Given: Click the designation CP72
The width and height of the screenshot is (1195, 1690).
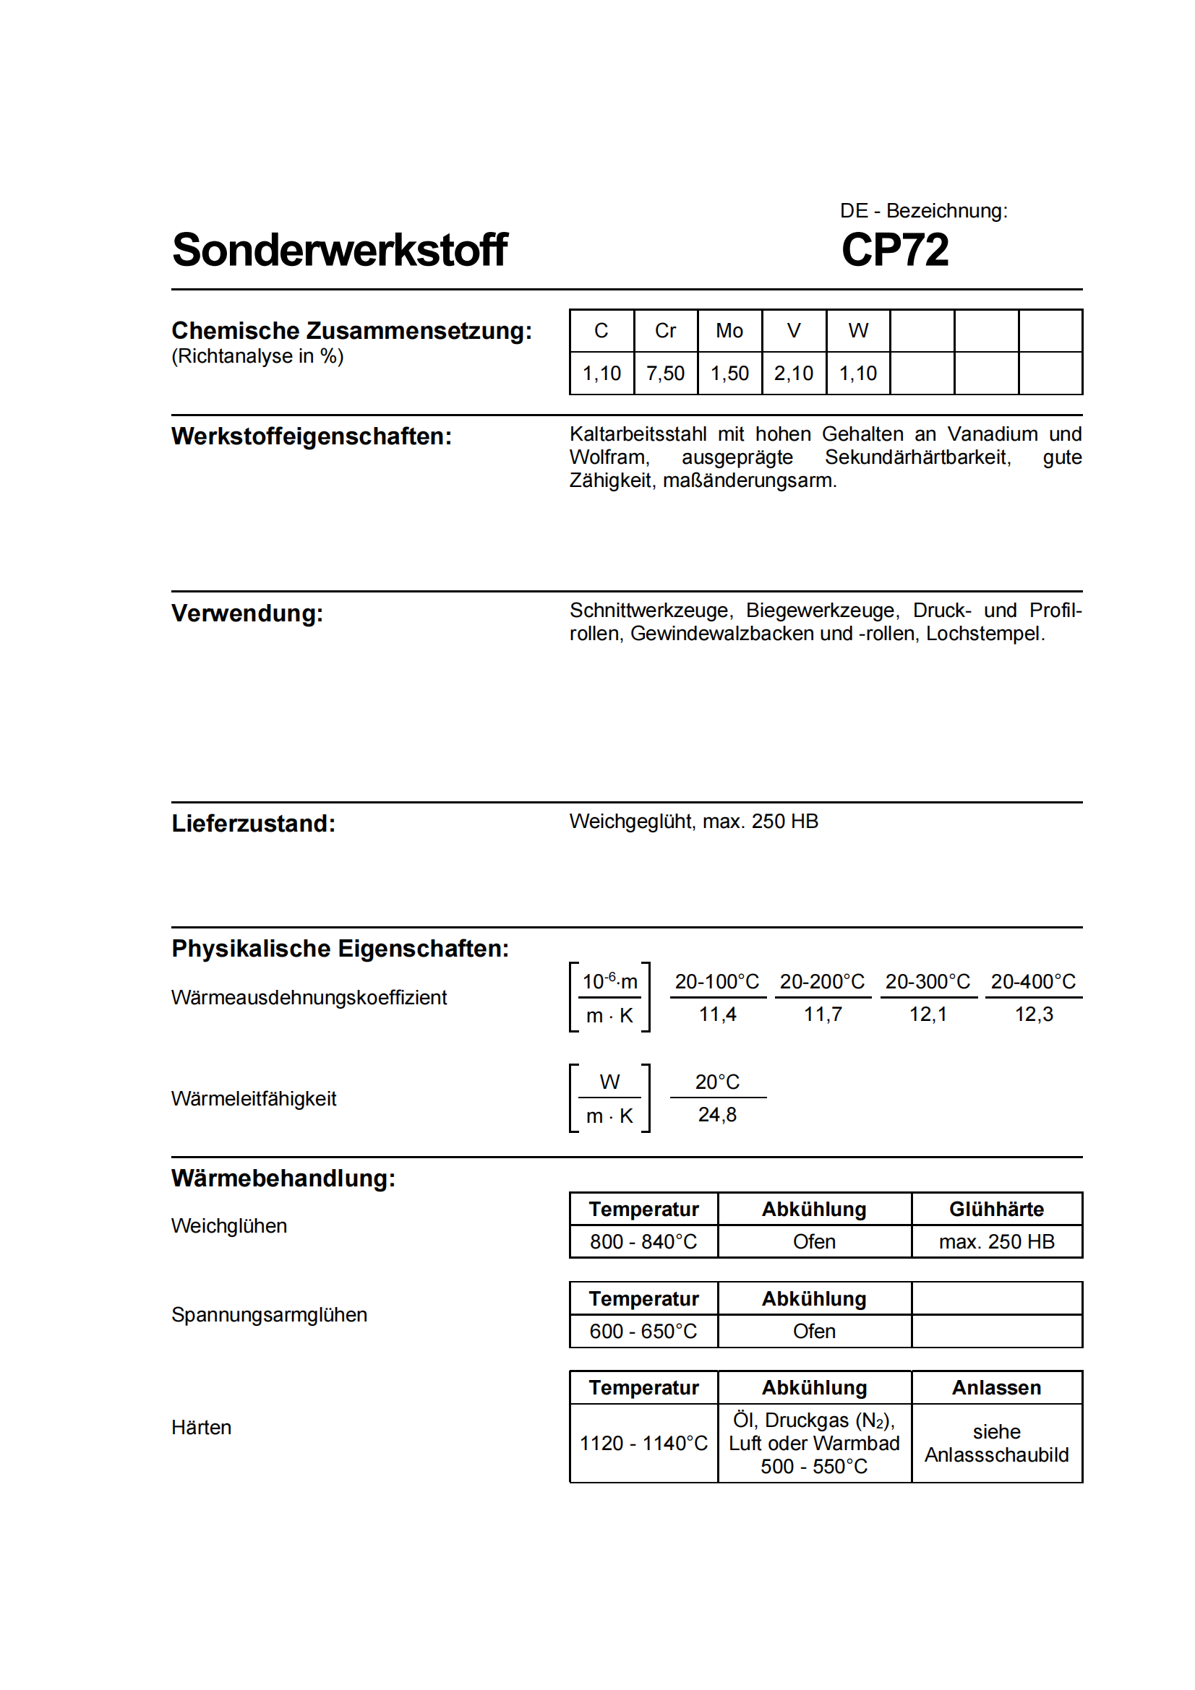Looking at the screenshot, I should point(894,249).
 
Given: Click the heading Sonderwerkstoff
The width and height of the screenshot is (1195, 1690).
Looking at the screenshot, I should point(340,249).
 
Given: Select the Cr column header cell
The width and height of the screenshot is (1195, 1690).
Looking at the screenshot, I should point(665,330).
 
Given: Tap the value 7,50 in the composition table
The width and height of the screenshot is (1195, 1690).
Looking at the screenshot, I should point(665,373).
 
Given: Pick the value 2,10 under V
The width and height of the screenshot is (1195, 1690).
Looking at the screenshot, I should point(793,373).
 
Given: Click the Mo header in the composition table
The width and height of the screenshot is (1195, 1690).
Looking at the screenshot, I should point(729,330).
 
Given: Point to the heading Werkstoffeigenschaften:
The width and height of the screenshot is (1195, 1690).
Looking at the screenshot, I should point(312,436).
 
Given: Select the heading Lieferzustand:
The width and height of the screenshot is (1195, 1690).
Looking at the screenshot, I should point(253,823).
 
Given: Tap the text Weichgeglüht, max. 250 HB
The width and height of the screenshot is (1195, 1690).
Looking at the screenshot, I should point(693,821).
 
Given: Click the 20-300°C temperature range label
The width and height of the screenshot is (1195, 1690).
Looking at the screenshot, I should point(927,981).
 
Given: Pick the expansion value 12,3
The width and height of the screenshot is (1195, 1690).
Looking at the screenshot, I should point(1033,1014).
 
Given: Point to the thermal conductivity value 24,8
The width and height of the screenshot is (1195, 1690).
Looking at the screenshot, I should point(716,1114).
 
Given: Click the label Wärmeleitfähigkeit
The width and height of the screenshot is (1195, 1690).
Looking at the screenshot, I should point(253,1098).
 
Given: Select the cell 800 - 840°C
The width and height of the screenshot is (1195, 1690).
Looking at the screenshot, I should point(643,1242).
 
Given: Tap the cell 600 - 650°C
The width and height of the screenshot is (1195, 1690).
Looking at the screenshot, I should point(643,1331).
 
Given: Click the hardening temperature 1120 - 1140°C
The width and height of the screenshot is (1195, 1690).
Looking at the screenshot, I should point(643,1443).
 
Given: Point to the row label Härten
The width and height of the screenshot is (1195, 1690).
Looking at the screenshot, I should point(201,1427).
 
